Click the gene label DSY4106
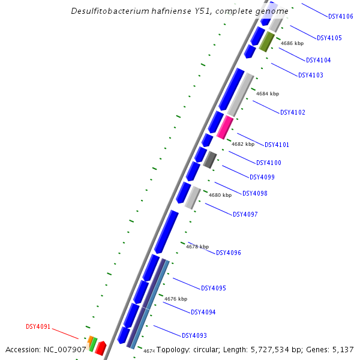341,17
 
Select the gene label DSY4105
329,38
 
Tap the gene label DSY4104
318,60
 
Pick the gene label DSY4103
310,75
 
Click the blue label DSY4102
293,112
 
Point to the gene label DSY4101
277,145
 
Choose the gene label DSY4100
269,163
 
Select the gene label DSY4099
262,177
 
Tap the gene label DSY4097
245,214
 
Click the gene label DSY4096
229,253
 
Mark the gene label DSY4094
203,312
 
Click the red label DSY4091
38,327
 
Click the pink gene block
225,127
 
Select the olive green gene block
267,42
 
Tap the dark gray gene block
209,160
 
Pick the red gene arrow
100,348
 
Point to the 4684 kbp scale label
268,94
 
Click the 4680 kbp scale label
220,195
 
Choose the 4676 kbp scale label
176,299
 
